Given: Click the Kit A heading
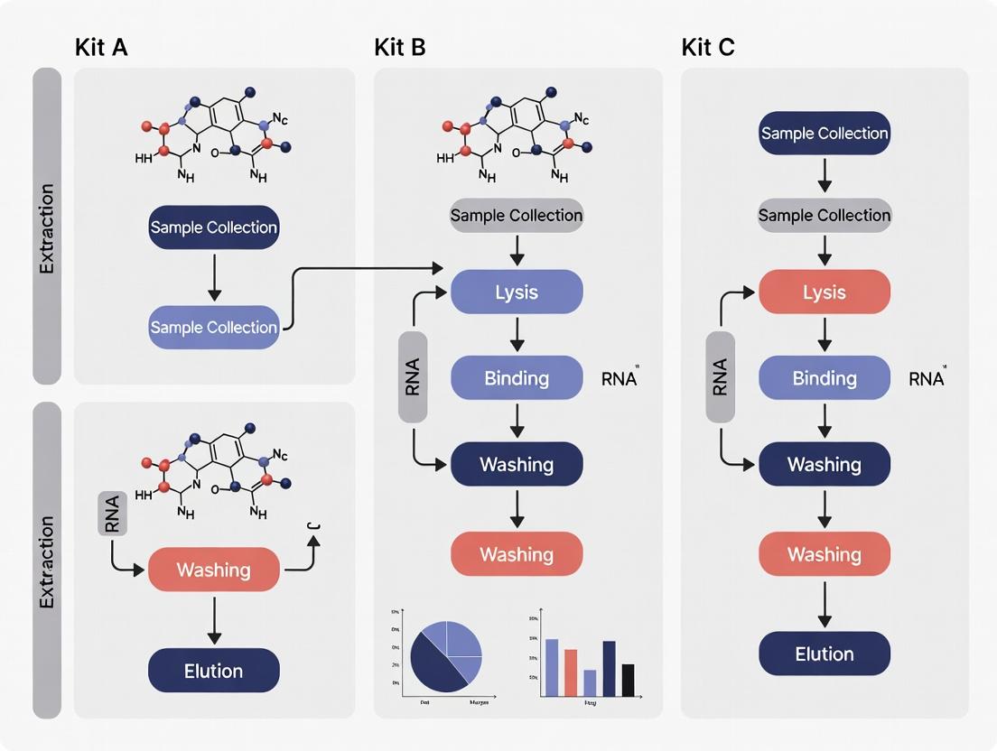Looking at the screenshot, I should coord(101,48).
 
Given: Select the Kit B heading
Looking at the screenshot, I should coord(400,48).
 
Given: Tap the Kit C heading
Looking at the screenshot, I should coord(708,48).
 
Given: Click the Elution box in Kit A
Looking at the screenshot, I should coord(214,671).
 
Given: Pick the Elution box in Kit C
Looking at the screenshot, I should coord(824,654).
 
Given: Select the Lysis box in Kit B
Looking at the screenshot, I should coord(517,292).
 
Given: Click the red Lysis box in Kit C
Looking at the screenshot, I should coord(824,292).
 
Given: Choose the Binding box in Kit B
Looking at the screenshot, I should coord(517,377).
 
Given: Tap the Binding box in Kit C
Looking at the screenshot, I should coord(824,377).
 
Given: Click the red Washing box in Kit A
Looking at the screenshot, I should coord(214,570).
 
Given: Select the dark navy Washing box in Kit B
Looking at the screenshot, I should coord(517,464).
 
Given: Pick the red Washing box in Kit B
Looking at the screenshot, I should coord(517,553).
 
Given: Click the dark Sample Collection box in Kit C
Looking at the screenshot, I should coord(824,134).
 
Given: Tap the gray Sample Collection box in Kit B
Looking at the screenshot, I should coord(517,215).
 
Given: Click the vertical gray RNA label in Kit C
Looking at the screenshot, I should coord(720,377).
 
